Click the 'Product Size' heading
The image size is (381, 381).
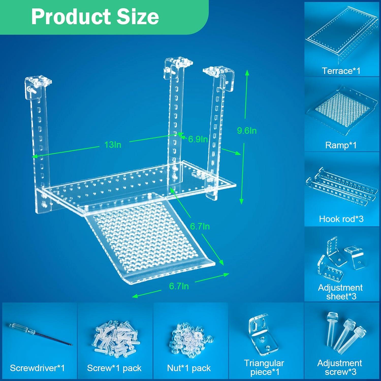click(95, 17)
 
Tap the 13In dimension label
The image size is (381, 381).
click(113, 145)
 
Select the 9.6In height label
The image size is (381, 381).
click(247, 131)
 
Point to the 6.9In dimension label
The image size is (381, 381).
click(198, 139)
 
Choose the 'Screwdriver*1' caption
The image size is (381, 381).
click(37, 368)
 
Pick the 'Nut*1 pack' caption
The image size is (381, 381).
click(189, 368)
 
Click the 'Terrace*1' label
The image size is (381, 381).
click(341, 71)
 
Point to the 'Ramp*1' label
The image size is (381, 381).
click(341, 145)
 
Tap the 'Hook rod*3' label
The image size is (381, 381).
click(341, 219)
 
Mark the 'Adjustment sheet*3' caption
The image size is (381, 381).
click(340, 292)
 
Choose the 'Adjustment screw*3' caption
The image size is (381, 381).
click(340, 367)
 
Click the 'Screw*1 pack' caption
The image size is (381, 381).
click(114, 368)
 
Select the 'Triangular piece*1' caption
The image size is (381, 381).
click(264, 367)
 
